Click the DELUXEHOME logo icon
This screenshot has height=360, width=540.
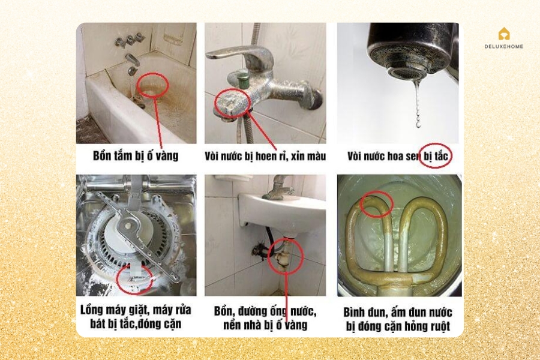coord(503,34)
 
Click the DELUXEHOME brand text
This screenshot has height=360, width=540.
coord(503,46)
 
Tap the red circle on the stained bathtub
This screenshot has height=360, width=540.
coord(152,86)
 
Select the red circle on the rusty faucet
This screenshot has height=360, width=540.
coord(231,103)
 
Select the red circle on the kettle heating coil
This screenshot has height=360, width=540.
coord(376,205)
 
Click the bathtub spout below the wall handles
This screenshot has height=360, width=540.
coord(133,61)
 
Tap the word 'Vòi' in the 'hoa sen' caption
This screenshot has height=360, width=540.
coord(358,157)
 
